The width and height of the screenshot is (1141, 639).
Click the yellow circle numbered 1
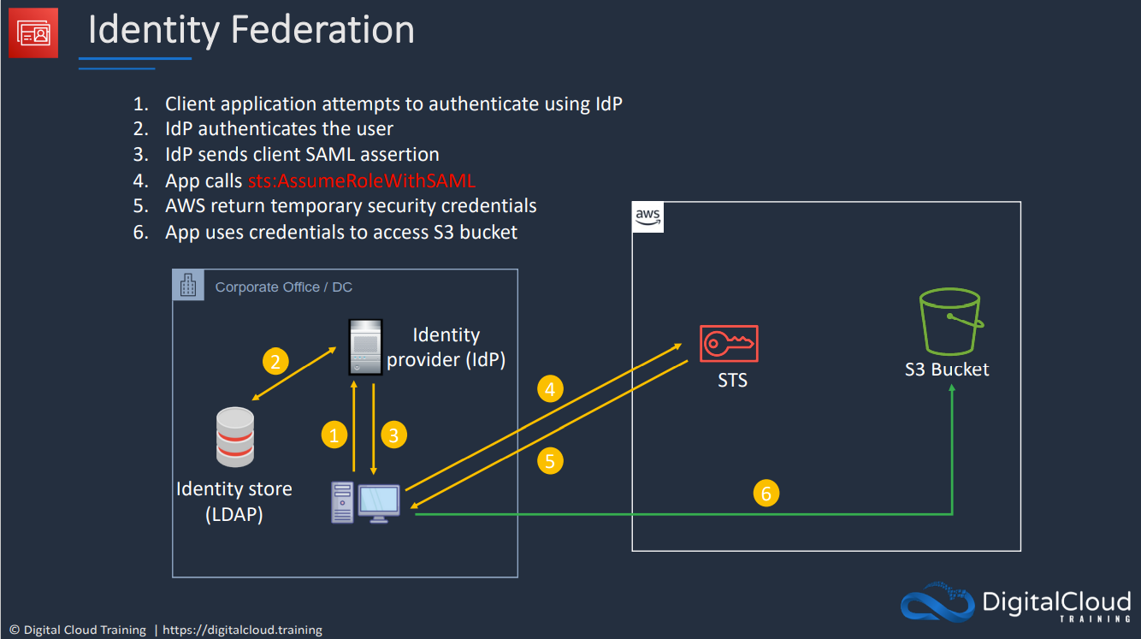pyautogui.click(x=334, y=435)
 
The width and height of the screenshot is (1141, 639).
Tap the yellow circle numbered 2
pyautogui.click(x=275, y=362)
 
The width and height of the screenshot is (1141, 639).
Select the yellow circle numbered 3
pyautogui.click(x=393, y=435)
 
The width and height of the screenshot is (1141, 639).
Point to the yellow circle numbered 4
pyautogui.click(x=550, y=390)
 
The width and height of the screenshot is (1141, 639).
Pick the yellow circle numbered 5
pyautogui.click(x=550, y=462)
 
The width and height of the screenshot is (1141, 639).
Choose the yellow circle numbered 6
pyautogui.click(x=766, y=494)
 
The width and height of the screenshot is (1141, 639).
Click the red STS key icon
pyautogui.click(x=729, y=344)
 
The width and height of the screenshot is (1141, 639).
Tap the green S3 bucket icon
pyautogui.click(x=949, y=322)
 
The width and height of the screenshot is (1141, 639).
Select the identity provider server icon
pyautogui.click(x=364, y=346)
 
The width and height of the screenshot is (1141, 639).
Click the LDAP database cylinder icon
pyautogui.click(x=235, y=436)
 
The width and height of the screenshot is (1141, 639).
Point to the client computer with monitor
pyautogui.click(x=366, y=503)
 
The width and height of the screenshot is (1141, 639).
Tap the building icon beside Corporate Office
pyautogui.click(x=188, y=286)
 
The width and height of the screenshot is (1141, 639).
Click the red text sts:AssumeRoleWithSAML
pyautogui.click(x=362, y=180)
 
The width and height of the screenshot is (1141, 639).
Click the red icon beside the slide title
pyautogui.click(x=33, y=33)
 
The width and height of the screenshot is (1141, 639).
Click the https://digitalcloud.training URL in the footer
pyautogui.click(x=242, y=630)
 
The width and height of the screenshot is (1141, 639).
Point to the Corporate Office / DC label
pyautogui.click(x=284, y=287)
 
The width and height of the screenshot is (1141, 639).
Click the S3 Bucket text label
pyautogui.click(x=947, y=370)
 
